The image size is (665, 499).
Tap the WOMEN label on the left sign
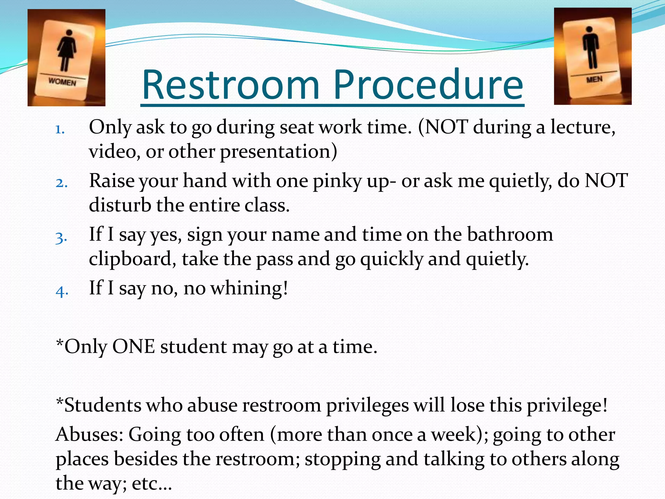pos(62,81)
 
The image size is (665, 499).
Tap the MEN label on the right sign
pos(594,79)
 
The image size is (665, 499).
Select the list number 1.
pos(60,130)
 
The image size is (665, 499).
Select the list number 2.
pos(61,183)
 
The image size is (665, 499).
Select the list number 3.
pos(61,237)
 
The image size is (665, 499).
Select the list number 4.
pos(62,291)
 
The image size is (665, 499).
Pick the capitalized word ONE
pos(133,347)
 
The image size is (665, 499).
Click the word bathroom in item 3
pos(510,234)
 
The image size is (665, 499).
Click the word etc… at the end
pos(152,484)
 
